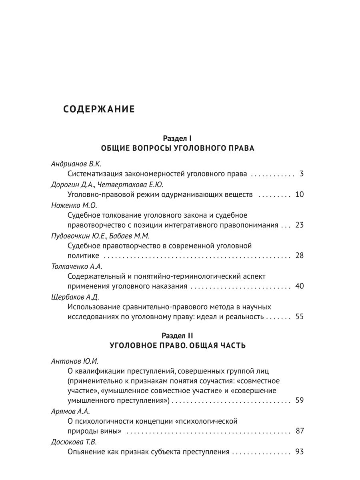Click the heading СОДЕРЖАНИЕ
pyautogui.click(x=99, y=109)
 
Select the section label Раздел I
pyautogui.click(x=178, y=138)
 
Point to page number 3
pyautogui.click(x=302, y=174)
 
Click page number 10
pyautogui.click(x=299, y=194)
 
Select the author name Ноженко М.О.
pyautogui.click(x=75, y=205)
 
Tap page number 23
pyautogui.click(x=299, y=225)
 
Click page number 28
pyautogui.click(x=299, y=256)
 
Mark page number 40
pyautogui.click(x=299, y=286)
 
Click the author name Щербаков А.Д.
pyautogui.click(x=76, y=297)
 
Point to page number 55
pyautogui.click(x=299, y=317)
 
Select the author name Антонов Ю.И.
pyautogui.click(x=75, y=360)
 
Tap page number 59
pyautogui.click(x=299, y=400)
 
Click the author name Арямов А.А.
pyautogui.click(x=70, y=411)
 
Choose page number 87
pyautogui.click(x=299, y=431)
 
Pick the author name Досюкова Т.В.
pyautogui.click(x=74, y=442)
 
